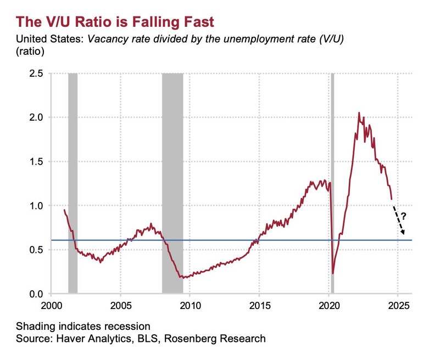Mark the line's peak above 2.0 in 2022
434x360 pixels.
click(359, 113)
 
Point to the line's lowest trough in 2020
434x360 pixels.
click(333, 273)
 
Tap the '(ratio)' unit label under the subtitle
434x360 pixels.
click(31, 52)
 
